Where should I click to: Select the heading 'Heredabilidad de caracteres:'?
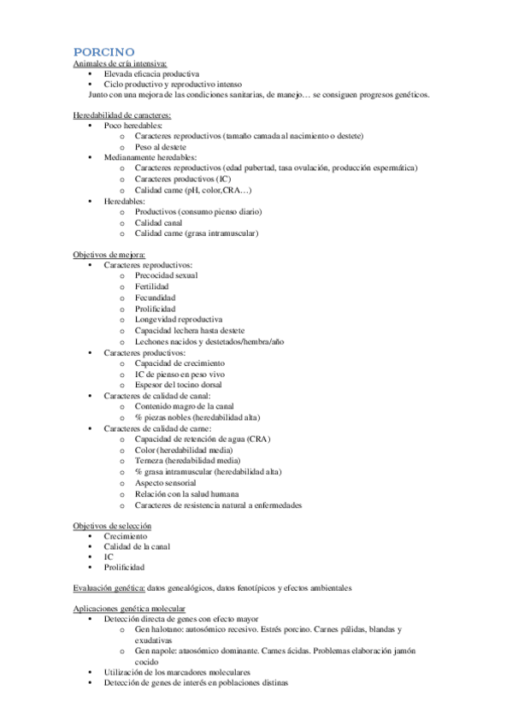[x=122, y=115]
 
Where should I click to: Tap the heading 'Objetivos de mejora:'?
[x=109, y=255]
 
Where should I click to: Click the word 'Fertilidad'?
[x=155, y=286]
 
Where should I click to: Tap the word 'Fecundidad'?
[x=156, y=298]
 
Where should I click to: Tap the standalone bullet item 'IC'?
[x=109, y=557]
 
